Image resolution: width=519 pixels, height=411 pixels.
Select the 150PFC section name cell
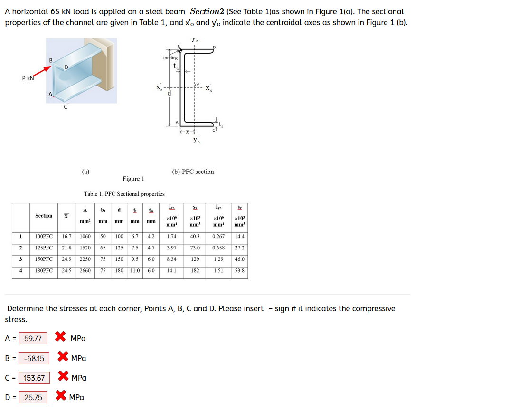44,259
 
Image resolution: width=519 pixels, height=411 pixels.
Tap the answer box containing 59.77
33,339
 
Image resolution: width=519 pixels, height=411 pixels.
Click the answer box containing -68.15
34,358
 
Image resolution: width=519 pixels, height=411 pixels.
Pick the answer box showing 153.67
34,378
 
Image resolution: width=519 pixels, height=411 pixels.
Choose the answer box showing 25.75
33,397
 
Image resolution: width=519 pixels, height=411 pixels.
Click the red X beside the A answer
60,337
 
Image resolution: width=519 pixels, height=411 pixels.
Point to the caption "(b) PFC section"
193,172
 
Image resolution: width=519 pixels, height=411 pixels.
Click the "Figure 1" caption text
133,179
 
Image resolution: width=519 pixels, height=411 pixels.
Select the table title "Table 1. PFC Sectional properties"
124,194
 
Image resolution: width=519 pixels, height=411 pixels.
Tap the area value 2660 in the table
85,270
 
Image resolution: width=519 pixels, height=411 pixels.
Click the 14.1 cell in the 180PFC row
171,270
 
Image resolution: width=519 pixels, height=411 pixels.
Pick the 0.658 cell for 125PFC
218,248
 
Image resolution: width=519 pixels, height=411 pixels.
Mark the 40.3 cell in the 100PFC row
195,236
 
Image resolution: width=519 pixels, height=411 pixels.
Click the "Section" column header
44,216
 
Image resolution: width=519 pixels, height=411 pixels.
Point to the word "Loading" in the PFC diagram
170,58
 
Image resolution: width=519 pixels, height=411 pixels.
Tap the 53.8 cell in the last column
239,270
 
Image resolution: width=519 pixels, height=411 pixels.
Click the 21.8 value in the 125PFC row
67,248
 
